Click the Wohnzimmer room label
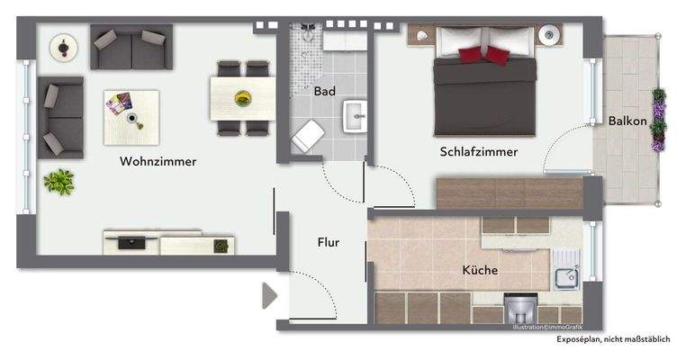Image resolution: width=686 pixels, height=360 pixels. pyautogui.click(x=158, y=161)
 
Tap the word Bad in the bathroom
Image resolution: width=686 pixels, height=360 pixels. pyautogui.click(x=324, y=91)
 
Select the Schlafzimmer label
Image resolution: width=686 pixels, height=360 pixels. pyautogui.click(x=479, y=151)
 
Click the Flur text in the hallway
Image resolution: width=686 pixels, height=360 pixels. pyautogui.click(x=328, y=242)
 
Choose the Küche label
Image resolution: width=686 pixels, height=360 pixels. pyautogui.click(x=480, y=269)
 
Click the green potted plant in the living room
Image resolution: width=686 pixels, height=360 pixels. pyautogui.click(x=59, y=182)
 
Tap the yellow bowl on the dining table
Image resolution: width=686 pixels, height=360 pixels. pyautogui.click(x=241, y=96)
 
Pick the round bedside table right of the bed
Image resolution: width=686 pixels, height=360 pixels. pyautogui.click(x=549, y=37)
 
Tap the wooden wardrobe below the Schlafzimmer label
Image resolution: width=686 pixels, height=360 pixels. pyautogui.click(x=509, y=193)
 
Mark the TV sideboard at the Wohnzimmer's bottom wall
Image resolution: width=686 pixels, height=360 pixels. pyautogui.click(x=169, y=243)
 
